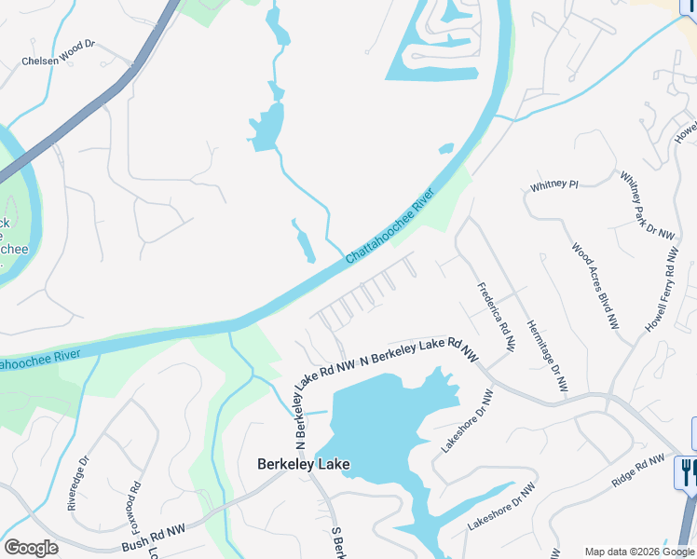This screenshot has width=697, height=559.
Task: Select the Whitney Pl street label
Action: tap(554, 185)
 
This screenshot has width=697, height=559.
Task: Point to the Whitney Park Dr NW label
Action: tap(647, 206)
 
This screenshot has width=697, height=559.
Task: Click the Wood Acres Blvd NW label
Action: tap(595, 286)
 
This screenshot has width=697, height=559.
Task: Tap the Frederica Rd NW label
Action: tap(497, 317)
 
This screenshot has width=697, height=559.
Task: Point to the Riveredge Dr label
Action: tap(78, 483)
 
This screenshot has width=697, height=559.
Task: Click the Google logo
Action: tap(31, 548)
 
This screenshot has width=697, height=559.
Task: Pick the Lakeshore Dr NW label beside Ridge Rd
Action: tap(502, 507)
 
